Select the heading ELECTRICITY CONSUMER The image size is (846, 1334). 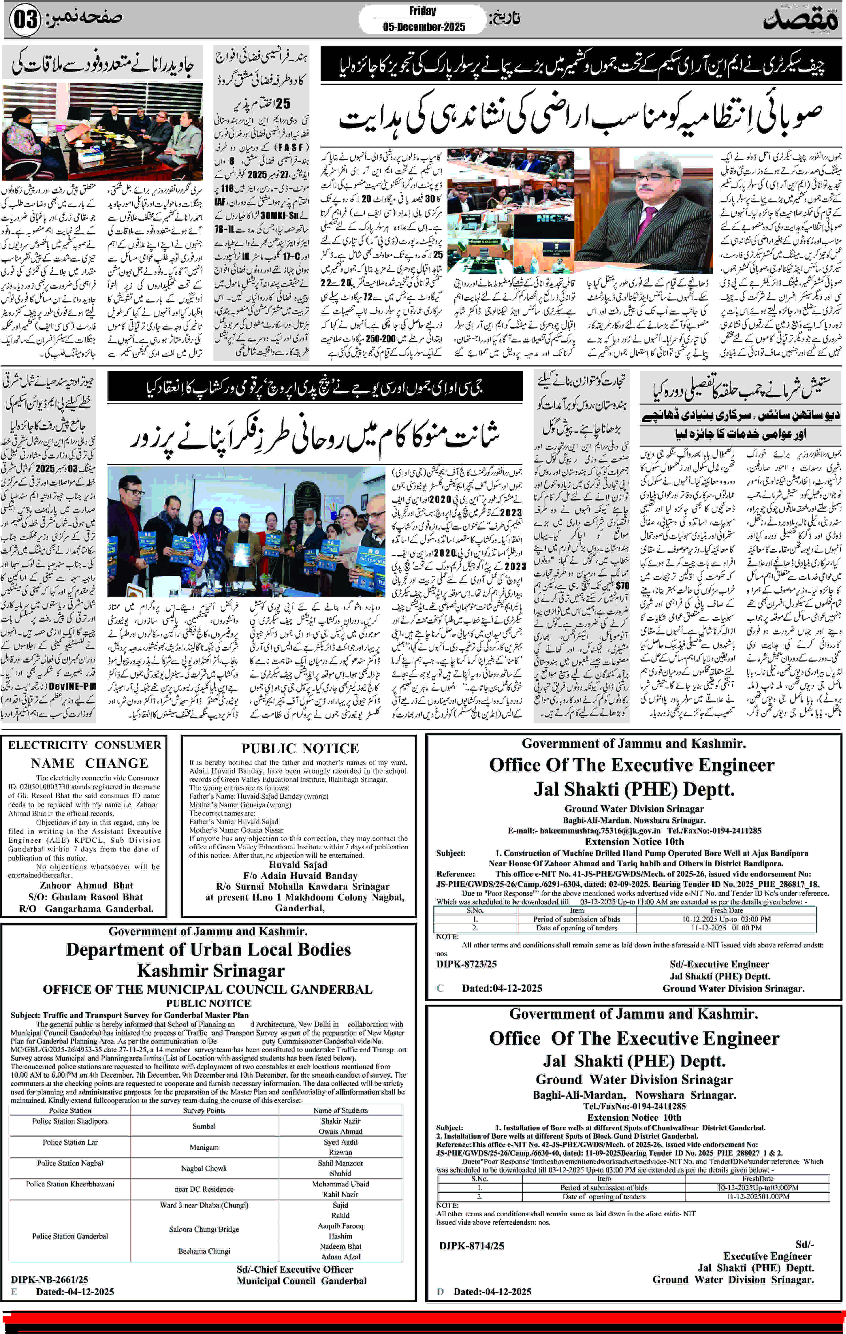[x=85, y=745]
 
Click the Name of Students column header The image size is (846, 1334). [x=340, y=1110]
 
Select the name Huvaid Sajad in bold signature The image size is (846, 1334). [x=298, y=865]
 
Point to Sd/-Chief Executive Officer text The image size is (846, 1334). [x=295, y=1269]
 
